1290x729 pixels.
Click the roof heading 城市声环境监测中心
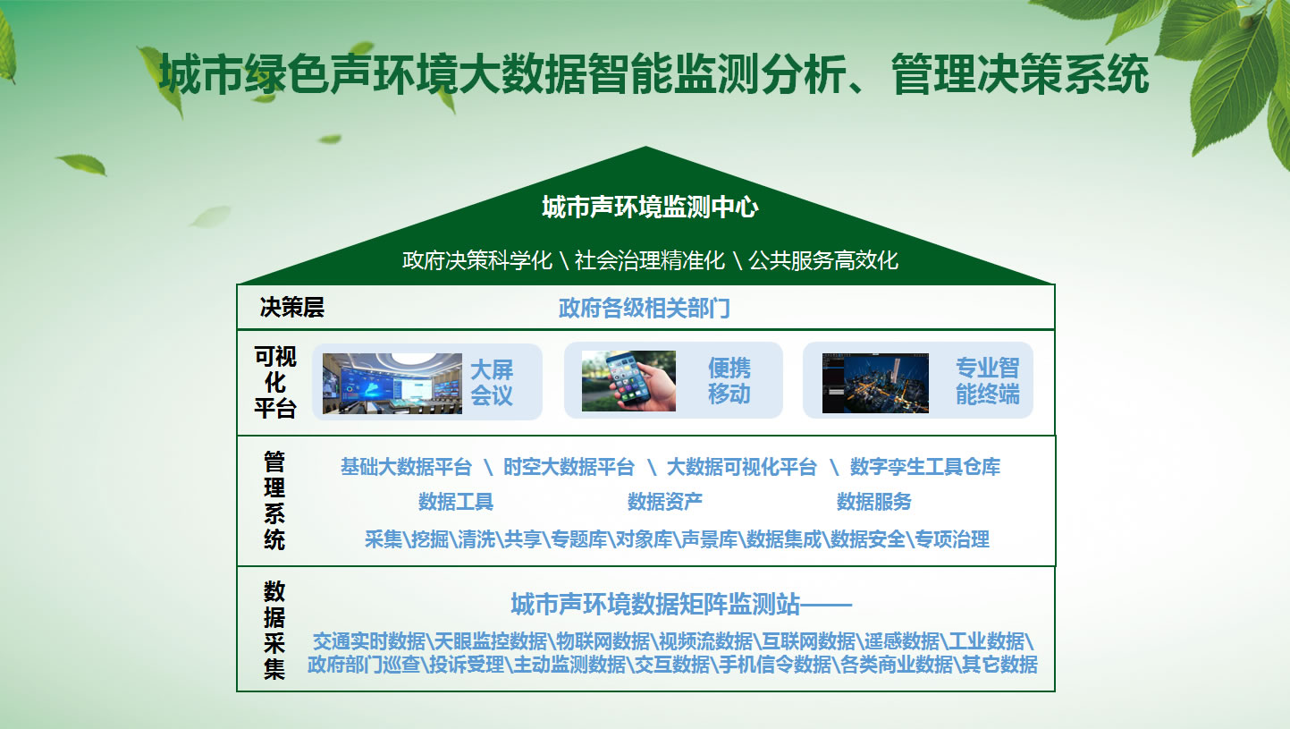click(x=650, y=207)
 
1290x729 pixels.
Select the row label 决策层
click(x=292, y=307)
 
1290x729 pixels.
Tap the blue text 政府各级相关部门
click(x=645, y=309)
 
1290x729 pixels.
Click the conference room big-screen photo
click(x=392, y=383)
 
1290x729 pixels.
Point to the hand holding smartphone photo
click(x=628, y=381)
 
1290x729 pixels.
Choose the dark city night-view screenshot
click(x=875, y=383)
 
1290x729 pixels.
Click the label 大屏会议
click(x=491, y=383)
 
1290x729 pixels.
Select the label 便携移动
click(x=729, y=381)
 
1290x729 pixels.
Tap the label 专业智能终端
click(x=988, y=381)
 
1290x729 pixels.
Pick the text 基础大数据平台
click(x=406, y=467)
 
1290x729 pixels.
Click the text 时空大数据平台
click(x=569, y=467)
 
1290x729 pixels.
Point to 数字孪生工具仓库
click(x=925, y=467)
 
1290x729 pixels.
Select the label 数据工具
click(x=456, y=502)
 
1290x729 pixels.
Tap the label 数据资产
click(x=664, y=502)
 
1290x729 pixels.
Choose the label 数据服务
click(x=873, y=502)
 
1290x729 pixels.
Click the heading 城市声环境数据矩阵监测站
click(x=655, y=604)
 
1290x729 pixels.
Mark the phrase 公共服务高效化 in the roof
click(x=823, y=260)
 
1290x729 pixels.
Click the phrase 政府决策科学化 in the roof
click(x=476, y=260)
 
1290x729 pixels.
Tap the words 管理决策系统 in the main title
click(x=1020, y=74)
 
